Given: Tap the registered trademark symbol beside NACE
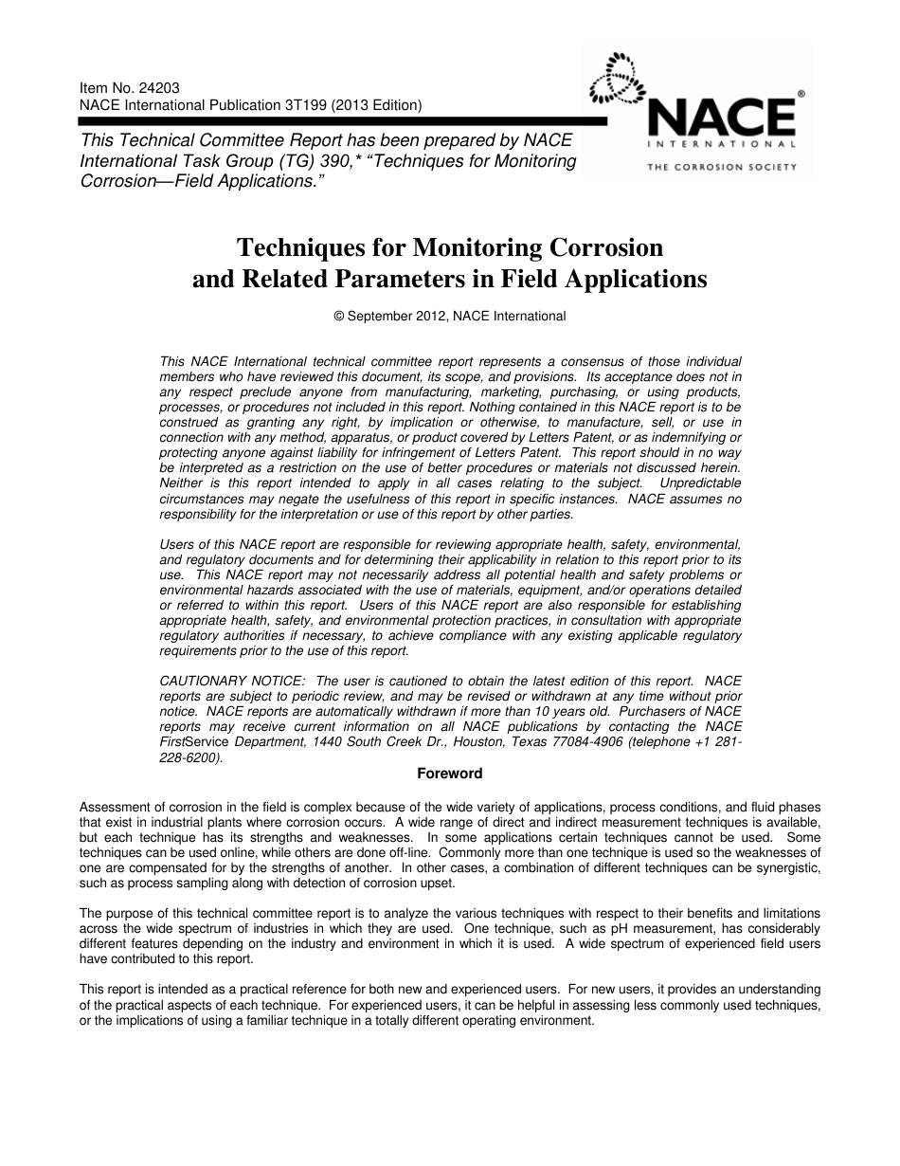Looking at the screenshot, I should tap(801, 95).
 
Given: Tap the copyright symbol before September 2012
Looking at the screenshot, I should tap(339, 317).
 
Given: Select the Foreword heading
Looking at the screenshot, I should tap(450, 774).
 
